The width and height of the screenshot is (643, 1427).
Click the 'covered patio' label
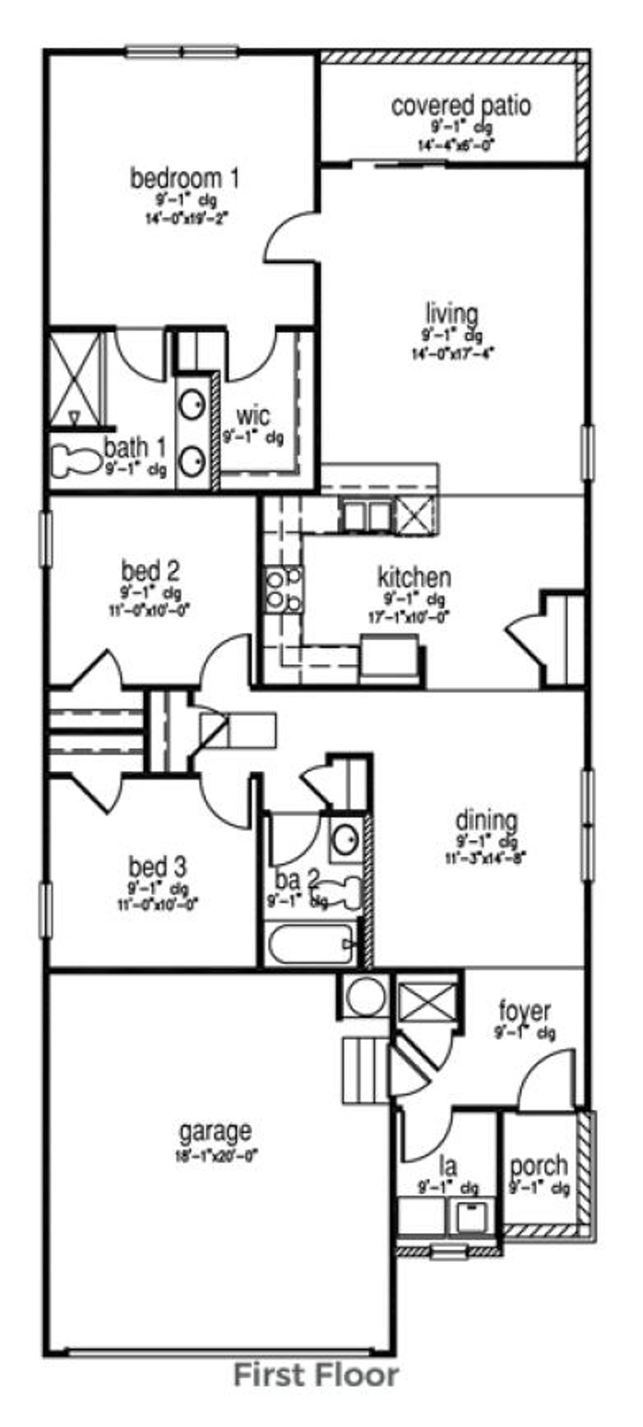(460, 105)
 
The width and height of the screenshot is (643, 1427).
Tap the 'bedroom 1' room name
(185, 178)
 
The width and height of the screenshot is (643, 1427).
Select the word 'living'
(451, 313)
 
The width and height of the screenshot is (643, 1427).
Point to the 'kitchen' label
(413, 577)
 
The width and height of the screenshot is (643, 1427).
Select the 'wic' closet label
(253, 415)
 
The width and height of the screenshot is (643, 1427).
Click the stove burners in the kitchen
(283, 588)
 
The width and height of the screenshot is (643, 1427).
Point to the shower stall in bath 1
(75, 377)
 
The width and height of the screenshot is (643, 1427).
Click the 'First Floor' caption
(316, 1392)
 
